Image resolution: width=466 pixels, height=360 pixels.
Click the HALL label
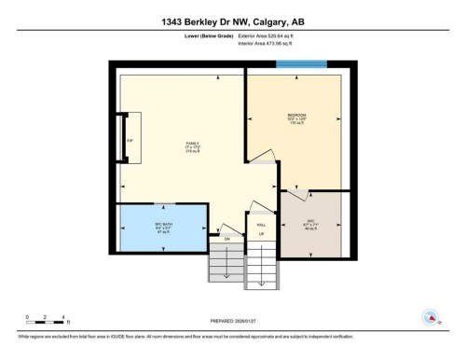coord(262,225)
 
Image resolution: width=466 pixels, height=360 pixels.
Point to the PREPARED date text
coord(233,318)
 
